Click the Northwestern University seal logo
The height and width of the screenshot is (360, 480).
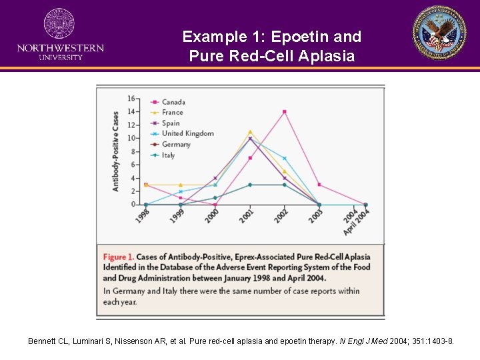pyautogui.click(x=59, y=24)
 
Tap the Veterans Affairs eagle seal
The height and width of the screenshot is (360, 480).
pyautogui.click(x=439, y=33)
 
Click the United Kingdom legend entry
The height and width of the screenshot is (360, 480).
pyautogui.click(x=187, y=133)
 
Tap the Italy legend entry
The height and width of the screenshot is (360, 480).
pyautogui.click(x=168, y=155)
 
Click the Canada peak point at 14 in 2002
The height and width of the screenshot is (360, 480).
pyautogui.click(x=285, y=112)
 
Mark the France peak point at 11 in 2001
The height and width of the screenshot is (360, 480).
pyautogui.click(x=250, y=132)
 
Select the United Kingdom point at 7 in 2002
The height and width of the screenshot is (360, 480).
pyautogui.click(x=285, y=158)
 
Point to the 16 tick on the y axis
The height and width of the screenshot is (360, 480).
pyautogui.click(x=131, y=99)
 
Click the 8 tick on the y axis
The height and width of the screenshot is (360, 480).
pyautogui.click(x=133, y=151)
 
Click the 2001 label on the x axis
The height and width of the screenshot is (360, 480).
pyautogui.click(x=247, y=216)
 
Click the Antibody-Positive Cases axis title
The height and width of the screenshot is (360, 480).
pyautogui.click(x=115, y=151)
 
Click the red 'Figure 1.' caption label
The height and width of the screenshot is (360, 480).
pyautogui.click(x=119, y=257)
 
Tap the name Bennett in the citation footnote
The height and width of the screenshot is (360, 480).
pyautogui.click(x=42, y=341)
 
